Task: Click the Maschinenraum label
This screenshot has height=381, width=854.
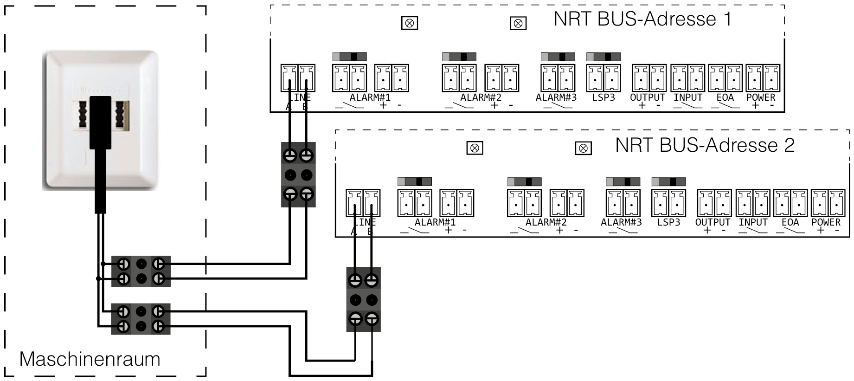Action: (90, 359)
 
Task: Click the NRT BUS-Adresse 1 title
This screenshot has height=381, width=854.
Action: (642, 19)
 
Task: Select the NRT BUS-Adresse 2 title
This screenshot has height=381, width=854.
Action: (705, 145)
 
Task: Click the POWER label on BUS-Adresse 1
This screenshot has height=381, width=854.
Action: (760, 97)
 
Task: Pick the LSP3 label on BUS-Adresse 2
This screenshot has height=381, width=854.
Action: (668, 222)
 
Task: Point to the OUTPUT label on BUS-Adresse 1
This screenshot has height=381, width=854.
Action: (647, 97)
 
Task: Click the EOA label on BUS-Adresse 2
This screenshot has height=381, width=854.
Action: (790, 222)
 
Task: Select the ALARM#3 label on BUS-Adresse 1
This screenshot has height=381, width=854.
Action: (556, 97)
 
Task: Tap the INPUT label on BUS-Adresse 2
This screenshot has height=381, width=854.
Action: (753, 222)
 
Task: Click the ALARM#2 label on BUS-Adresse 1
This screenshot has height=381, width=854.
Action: (481, 97)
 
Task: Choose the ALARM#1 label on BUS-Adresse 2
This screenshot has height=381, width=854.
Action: (435, 222)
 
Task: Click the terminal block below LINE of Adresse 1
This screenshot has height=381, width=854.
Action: (298, 174)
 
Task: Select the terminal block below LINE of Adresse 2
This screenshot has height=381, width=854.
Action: (363, 299)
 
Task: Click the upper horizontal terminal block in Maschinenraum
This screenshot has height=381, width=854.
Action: (141, 271)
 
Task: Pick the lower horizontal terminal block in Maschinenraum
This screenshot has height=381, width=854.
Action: (141, 319)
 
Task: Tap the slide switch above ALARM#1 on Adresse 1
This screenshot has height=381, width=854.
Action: (349, 57)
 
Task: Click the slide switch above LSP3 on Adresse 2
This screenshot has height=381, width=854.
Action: (668, 181)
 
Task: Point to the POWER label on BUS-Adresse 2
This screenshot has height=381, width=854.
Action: (826, 222)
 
